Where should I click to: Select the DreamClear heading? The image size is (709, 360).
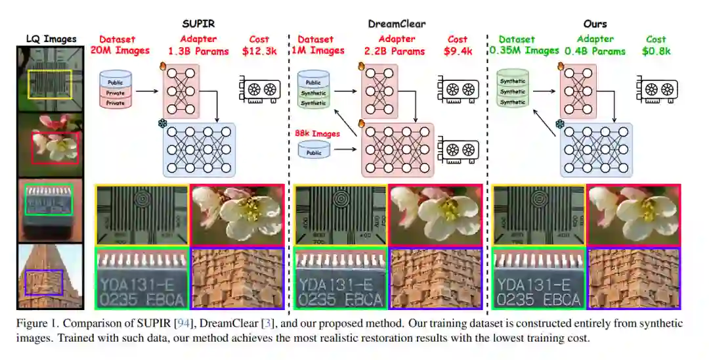pos(397,24)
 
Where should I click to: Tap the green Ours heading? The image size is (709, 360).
pos(595,24)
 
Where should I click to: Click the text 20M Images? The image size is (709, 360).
pos(120,51)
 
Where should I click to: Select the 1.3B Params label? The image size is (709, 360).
pos(198,51)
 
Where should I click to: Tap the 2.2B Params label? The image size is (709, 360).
pos(397,51)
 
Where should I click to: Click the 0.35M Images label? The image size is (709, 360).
pos(523,51)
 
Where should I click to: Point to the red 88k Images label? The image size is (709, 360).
pos(318,134)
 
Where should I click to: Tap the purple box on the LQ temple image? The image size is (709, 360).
pos(43,282)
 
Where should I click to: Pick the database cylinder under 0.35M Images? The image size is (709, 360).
pos(513,89)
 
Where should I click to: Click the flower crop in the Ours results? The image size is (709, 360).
pos(634,215)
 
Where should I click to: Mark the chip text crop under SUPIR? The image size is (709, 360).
pos(142,278)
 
